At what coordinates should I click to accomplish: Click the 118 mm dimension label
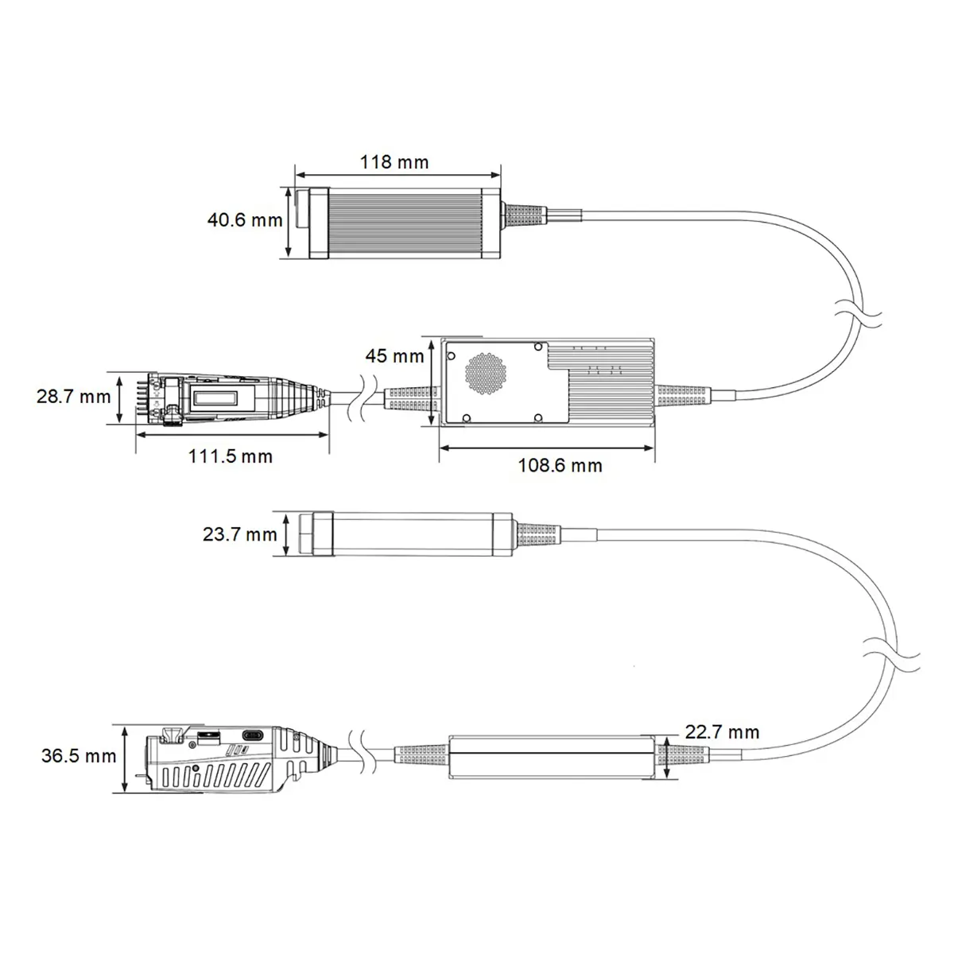394,162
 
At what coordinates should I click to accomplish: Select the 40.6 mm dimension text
245,219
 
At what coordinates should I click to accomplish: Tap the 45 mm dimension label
394,356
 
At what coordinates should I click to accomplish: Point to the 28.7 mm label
74,397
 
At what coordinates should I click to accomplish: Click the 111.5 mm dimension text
231,456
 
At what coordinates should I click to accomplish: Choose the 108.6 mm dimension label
560,465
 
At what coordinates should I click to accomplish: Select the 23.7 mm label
239,534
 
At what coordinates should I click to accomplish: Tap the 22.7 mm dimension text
723,731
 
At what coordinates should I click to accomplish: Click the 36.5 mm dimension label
79,756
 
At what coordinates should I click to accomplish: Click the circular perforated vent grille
486,374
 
